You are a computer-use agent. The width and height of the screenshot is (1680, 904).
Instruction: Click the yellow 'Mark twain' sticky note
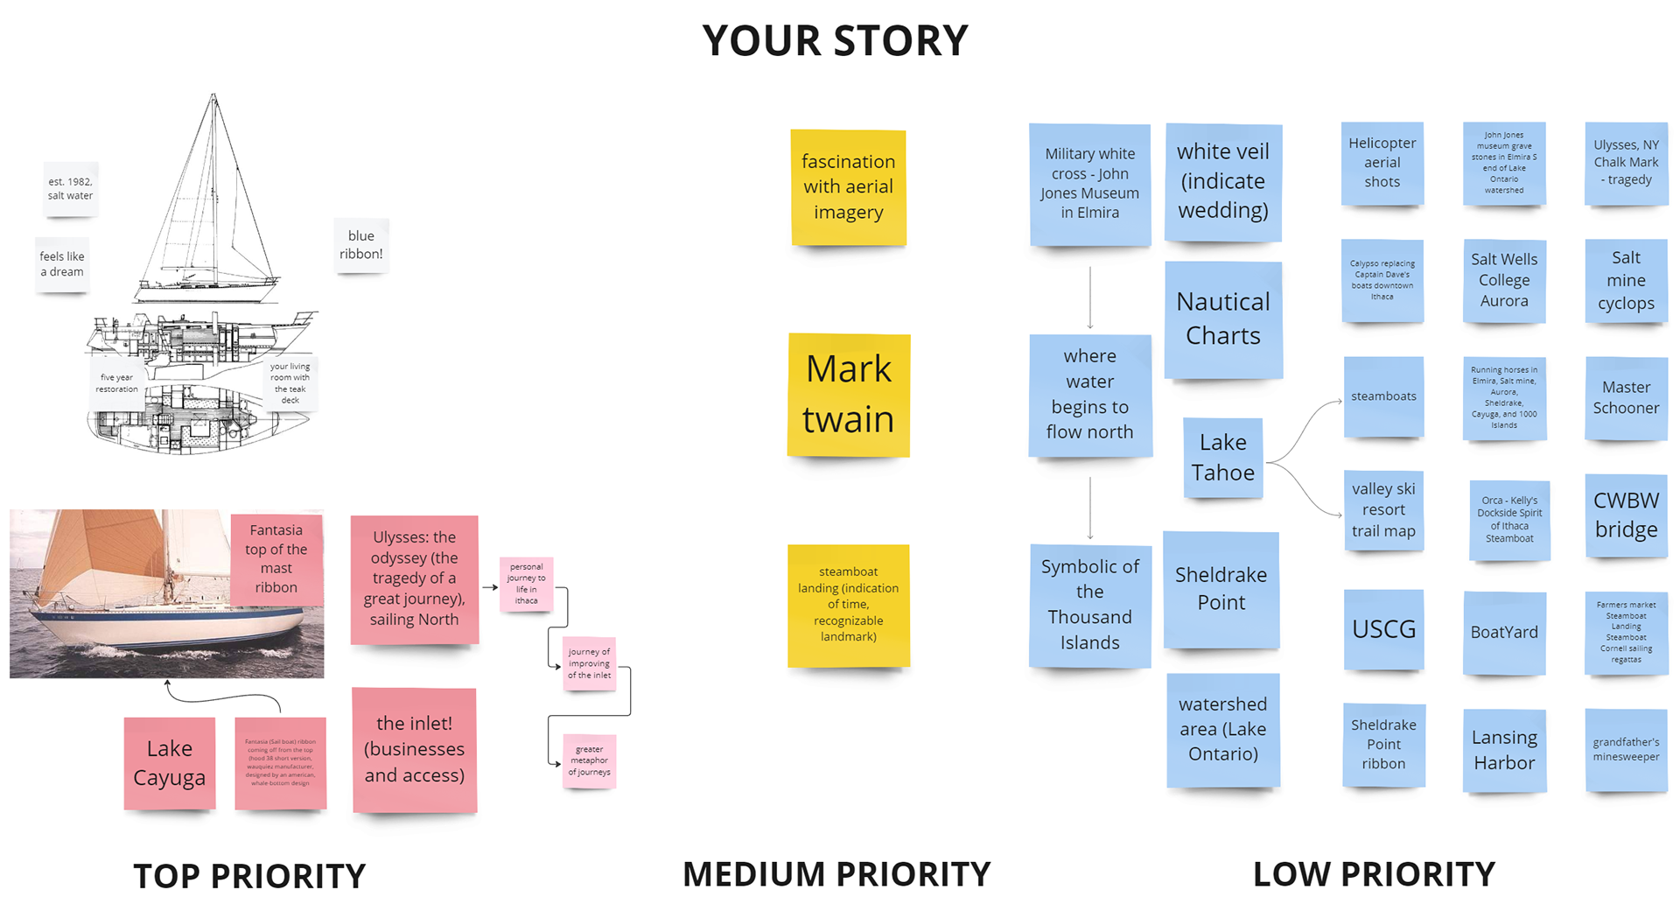[848, 395]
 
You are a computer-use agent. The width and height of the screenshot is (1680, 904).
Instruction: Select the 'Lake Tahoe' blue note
[1222, 458]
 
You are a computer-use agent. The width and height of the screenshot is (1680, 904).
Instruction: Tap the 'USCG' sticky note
[1383, 629]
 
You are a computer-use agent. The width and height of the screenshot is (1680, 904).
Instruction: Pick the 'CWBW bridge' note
[1626, 515]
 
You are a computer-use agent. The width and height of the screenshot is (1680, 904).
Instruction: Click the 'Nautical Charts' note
[1222, 319]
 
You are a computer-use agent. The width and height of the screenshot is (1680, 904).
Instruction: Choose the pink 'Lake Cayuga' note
[169, 763]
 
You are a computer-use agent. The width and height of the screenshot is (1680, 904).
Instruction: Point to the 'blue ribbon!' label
[360, 245]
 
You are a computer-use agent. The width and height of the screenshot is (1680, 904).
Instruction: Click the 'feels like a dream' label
[62, 263]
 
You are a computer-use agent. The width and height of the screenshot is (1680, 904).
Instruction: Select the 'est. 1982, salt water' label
[70, 188]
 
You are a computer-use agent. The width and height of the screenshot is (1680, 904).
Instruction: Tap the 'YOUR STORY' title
[835, 40]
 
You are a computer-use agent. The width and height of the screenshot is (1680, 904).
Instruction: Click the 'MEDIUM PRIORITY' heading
[836, 873]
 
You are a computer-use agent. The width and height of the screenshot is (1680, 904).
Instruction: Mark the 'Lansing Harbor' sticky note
[1503, 750]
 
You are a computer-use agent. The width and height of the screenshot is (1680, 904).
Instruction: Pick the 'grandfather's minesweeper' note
[1626, 749]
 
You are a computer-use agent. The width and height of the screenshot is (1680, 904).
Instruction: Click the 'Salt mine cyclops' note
[1626, 281]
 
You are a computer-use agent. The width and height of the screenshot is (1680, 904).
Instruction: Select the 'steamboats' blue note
[1383, 396]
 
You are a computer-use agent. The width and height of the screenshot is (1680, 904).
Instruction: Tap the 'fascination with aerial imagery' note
[848, 186]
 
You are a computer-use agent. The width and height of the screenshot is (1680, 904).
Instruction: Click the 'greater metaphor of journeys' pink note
[589, 760]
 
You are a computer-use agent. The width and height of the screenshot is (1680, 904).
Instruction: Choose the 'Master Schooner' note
[1626, 397]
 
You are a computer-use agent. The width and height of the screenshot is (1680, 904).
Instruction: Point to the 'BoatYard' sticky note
[1503, 632]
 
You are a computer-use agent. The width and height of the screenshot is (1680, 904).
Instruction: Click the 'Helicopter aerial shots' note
[1382, 163]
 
